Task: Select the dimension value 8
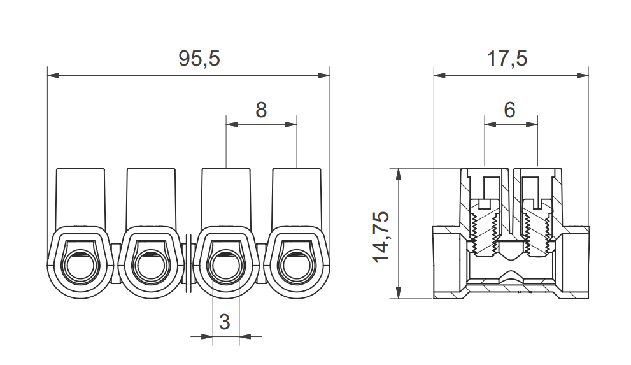[x=261, y=110]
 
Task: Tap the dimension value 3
[x=224, y=322]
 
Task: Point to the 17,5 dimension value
[x=507, y=59]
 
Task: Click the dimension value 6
[x=509, y=110]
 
